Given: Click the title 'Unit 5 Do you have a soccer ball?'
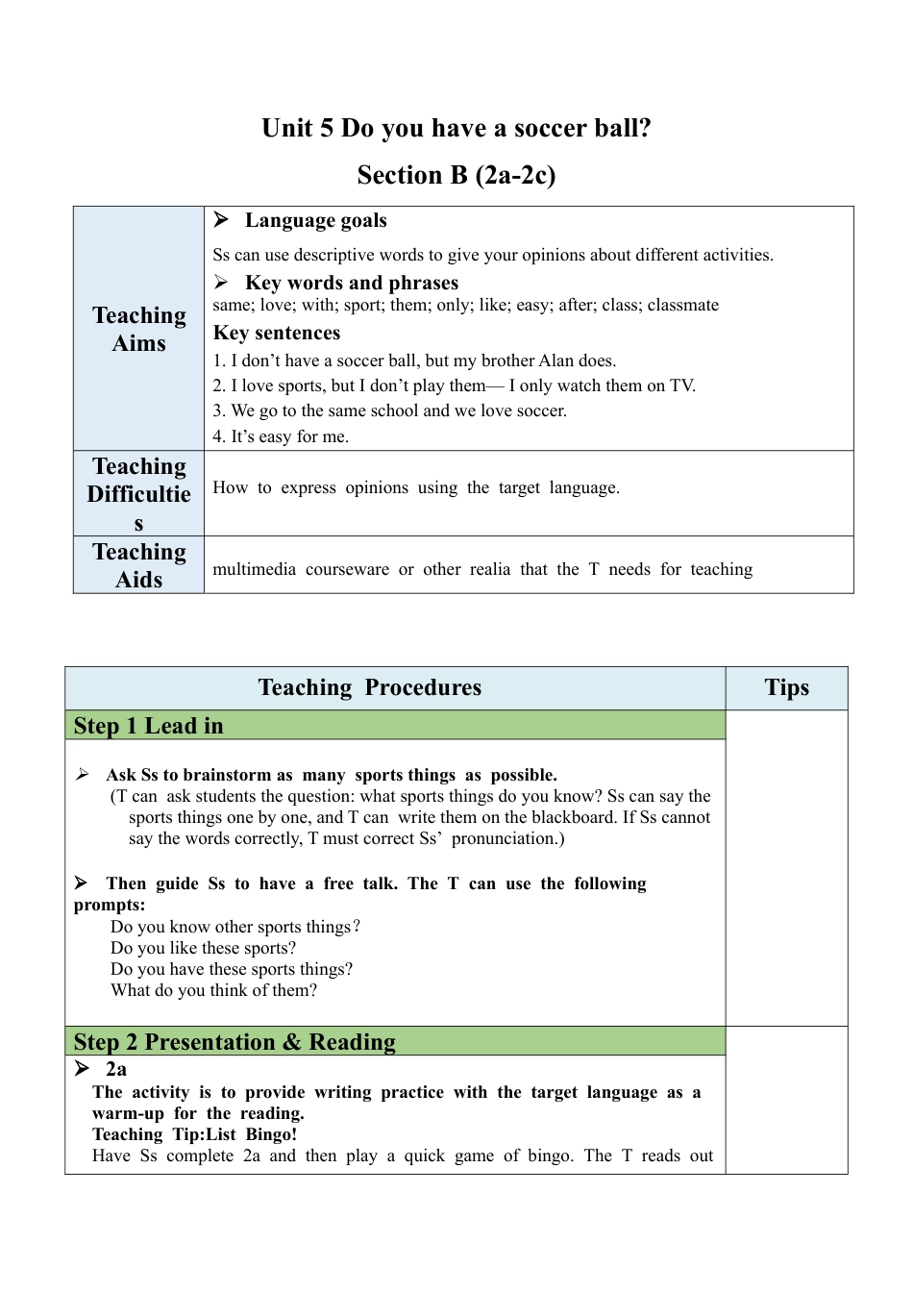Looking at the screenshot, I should click(x=456, y=129).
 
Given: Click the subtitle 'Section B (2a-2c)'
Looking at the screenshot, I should click(x=456, y=175).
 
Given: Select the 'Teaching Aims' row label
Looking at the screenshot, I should click(x=139, y=329).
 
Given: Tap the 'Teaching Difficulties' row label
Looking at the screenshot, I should click(x=139, y=494).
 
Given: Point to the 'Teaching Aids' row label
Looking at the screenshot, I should click(x=139, y=565).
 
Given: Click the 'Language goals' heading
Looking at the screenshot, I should click(x=315, y=220).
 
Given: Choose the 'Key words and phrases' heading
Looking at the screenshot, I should click(x=352, y=283).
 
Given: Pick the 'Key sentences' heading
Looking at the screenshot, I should click(x=277, y=333).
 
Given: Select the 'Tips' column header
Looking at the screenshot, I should click(x=786, y=687).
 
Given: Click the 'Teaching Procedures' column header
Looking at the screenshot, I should click(x=370, y=687).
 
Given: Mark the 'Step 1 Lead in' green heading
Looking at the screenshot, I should click(x=149, y=726).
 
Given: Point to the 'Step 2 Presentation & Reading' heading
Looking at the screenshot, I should click(x=234, y=1042).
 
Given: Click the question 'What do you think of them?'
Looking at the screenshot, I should click(x=213, y=990).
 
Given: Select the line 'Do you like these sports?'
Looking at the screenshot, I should click(x=204, y=948).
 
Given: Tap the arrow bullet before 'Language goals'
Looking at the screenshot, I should click(x=221, y=220).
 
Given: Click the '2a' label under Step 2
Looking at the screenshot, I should click(x=116, y=1069).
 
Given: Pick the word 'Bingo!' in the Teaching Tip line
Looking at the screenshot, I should click(x=271, y=1134).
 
